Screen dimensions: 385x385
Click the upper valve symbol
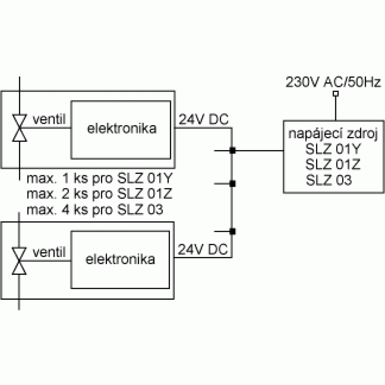point(20,128)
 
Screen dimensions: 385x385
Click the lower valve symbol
point(19,261)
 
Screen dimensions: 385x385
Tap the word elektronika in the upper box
point(122,128)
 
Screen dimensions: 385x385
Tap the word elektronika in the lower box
point(120,259)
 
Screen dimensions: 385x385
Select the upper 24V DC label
point(204,119)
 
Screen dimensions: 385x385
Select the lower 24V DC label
point(203,249)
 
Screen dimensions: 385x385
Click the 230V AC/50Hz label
point(334,82)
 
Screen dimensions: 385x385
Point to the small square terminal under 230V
point(335,93)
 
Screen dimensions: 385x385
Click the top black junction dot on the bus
point(232,151)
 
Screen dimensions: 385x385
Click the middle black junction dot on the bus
point(232,184)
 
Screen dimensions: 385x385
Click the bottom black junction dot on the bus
point(232,231)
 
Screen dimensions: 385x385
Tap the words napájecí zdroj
point(333,134)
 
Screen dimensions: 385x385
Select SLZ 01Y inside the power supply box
point(333,149)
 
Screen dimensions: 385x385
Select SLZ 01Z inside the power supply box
point(333,164)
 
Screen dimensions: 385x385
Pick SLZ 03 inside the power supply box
point(329,180)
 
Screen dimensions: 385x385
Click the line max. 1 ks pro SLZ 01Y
point(100,179)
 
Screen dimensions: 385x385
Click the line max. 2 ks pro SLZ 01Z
point(100,194)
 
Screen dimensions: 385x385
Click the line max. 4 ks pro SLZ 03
point(95,210)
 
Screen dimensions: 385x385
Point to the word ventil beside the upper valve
point(49,119)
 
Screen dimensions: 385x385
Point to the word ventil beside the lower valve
point(49,252)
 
